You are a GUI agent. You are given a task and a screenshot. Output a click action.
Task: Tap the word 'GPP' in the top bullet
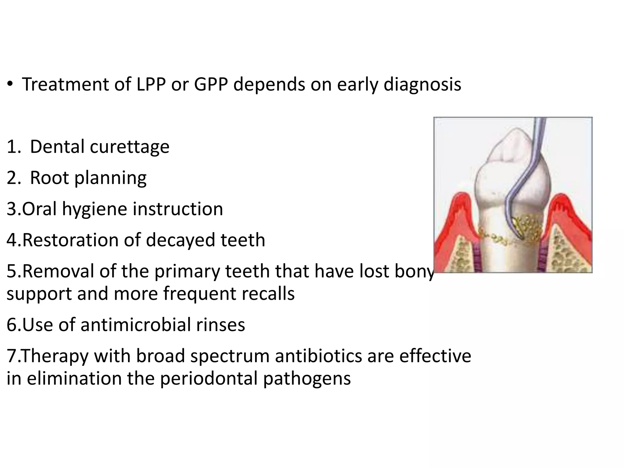211,84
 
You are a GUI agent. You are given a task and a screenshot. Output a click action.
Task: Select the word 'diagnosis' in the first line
422,84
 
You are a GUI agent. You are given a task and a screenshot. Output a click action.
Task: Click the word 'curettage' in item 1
129,147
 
